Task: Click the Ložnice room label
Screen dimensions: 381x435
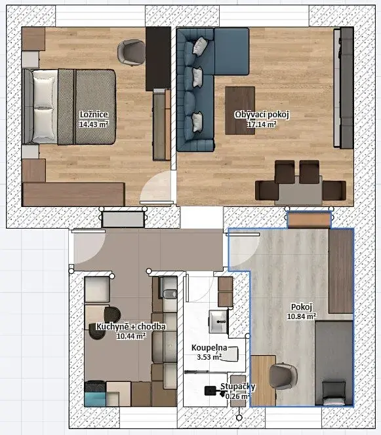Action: click(94, 114)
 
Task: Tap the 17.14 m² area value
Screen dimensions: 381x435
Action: click(262, 124)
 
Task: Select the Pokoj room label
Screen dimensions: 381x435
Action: click(302, 307)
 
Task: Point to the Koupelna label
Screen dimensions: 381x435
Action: click(209, 348)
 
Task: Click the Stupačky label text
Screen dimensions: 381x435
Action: click(238, 387)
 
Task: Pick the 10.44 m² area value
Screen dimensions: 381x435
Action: click(131, 336)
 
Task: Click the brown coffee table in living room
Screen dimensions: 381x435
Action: click(240, 111)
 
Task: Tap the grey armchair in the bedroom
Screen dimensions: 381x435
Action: click(131, 52)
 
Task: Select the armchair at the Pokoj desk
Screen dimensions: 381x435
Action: click(283, 376)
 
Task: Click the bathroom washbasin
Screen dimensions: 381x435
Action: click(218, 322)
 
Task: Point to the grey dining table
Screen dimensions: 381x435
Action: click(300, 190)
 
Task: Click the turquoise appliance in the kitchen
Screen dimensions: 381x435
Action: click(95, 399)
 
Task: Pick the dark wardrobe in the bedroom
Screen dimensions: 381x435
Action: click(158, 59)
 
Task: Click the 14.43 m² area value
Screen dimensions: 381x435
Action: click(94, 124)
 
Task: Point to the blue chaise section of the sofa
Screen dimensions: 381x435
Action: click(231, 51)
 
